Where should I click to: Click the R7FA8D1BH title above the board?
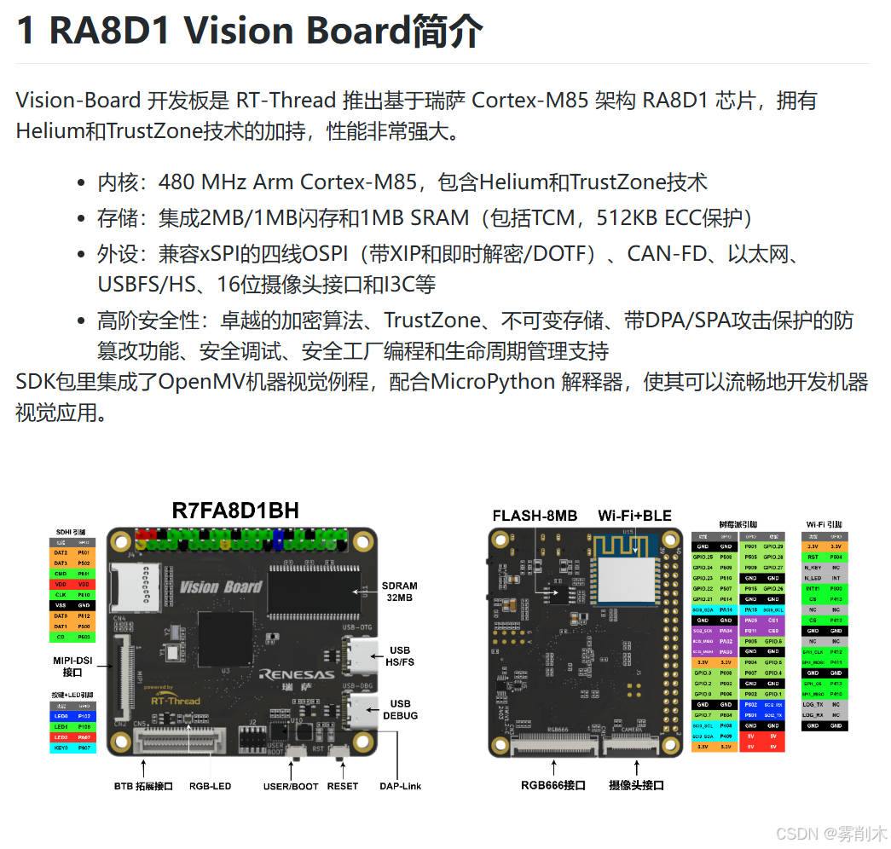click(235, 511)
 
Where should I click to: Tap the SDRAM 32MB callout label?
click(400, 591)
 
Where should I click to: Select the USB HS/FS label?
click(400, 656)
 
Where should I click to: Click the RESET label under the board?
click(342, 786)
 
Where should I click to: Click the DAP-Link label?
click(400, 786)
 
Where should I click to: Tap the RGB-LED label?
click(210, 786)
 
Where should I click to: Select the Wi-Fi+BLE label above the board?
click(634, 516)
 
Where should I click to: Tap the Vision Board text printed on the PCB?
click(221, 586)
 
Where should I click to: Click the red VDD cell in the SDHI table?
click(61, 585)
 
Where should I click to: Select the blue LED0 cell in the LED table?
click(61, 717)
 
